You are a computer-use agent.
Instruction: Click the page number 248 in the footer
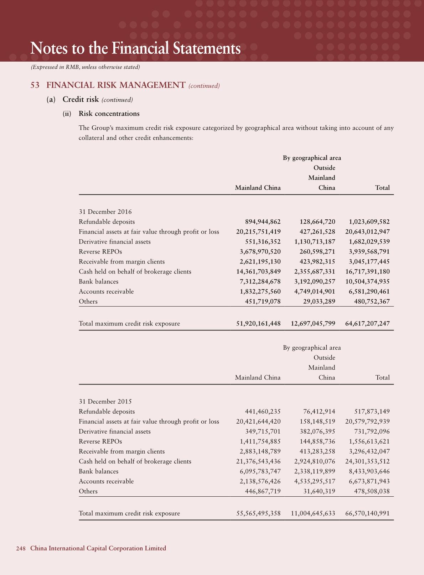click(x=21, y=548)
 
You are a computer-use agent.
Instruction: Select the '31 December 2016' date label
click(x=105, y=212)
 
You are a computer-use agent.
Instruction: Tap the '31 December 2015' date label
click(x=105, y=402)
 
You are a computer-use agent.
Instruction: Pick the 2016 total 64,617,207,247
click(x=367, y=324)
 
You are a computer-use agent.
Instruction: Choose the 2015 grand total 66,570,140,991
click(x=367, y=513)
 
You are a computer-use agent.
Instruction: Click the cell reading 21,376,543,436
click(x=258, y=461)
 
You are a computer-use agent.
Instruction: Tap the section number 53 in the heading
click(x=35, y=85)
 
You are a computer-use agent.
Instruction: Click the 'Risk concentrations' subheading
click(x=109, y=114)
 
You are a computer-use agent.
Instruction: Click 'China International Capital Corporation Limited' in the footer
click(x=98, y=548)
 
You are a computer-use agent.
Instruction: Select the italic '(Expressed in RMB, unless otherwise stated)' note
click(x=86, y=67)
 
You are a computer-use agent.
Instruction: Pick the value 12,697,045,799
click(x=313, y=324)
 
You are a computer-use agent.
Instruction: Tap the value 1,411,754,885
click(x=260, y=441)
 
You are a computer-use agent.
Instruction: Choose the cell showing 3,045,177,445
click(x=369, y=262)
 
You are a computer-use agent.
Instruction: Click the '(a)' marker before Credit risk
click(x=51, y=100)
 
